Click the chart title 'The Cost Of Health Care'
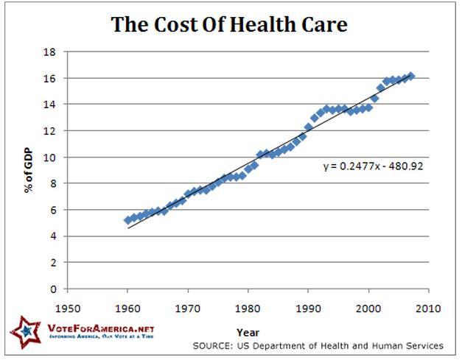point(229,24)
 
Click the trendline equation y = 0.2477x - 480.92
point(373,166)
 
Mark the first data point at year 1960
point(128,220)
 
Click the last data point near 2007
point(411,76)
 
